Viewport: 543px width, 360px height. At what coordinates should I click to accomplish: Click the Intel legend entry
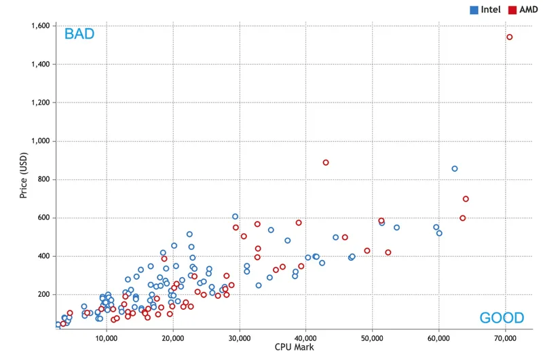tap(489, 10)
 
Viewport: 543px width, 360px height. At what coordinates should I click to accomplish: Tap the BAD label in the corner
tap(79, 34)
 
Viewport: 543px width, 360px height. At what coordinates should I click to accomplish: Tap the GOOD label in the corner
tap(502, 318)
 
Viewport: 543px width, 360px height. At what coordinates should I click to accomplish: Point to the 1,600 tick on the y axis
tap(40, 26)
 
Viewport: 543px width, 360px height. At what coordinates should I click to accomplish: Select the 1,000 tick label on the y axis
tap(40, 141)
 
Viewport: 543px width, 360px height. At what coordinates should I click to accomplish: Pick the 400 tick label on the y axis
tap(44, 256)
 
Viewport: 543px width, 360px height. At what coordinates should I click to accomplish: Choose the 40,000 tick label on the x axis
tap(306, 338)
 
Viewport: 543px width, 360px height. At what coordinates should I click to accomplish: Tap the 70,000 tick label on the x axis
tap(506, 338)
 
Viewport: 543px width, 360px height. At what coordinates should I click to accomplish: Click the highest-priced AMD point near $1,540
tap(510, 37)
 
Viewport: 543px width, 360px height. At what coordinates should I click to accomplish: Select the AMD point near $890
tap(326, 163)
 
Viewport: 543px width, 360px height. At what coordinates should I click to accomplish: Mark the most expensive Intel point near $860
tap(455, 168)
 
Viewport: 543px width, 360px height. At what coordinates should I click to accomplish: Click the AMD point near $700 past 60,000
tap(466, 199)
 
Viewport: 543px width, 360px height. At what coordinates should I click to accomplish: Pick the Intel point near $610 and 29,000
tap(235, 217)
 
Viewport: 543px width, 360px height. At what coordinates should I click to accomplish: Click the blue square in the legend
tap(473, 10)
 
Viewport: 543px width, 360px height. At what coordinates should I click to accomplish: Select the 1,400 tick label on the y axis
tap(40, 65)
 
